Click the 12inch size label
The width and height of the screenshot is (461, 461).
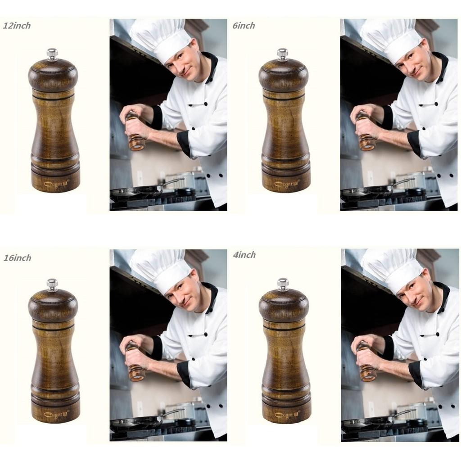17,26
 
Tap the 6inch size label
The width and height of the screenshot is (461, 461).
244,26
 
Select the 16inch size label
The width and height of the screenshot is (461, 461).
17,258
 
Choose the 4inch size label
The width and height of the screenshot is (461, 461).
244,255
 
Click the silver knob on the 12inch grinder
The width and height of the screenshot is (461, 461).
52,54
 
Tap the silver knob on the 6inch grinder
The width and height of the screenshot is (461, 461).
282,54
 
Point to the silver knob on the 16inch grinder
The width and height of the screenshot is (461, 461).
52,285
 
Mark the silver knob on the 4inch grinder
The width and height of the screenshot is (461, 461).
283,284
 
